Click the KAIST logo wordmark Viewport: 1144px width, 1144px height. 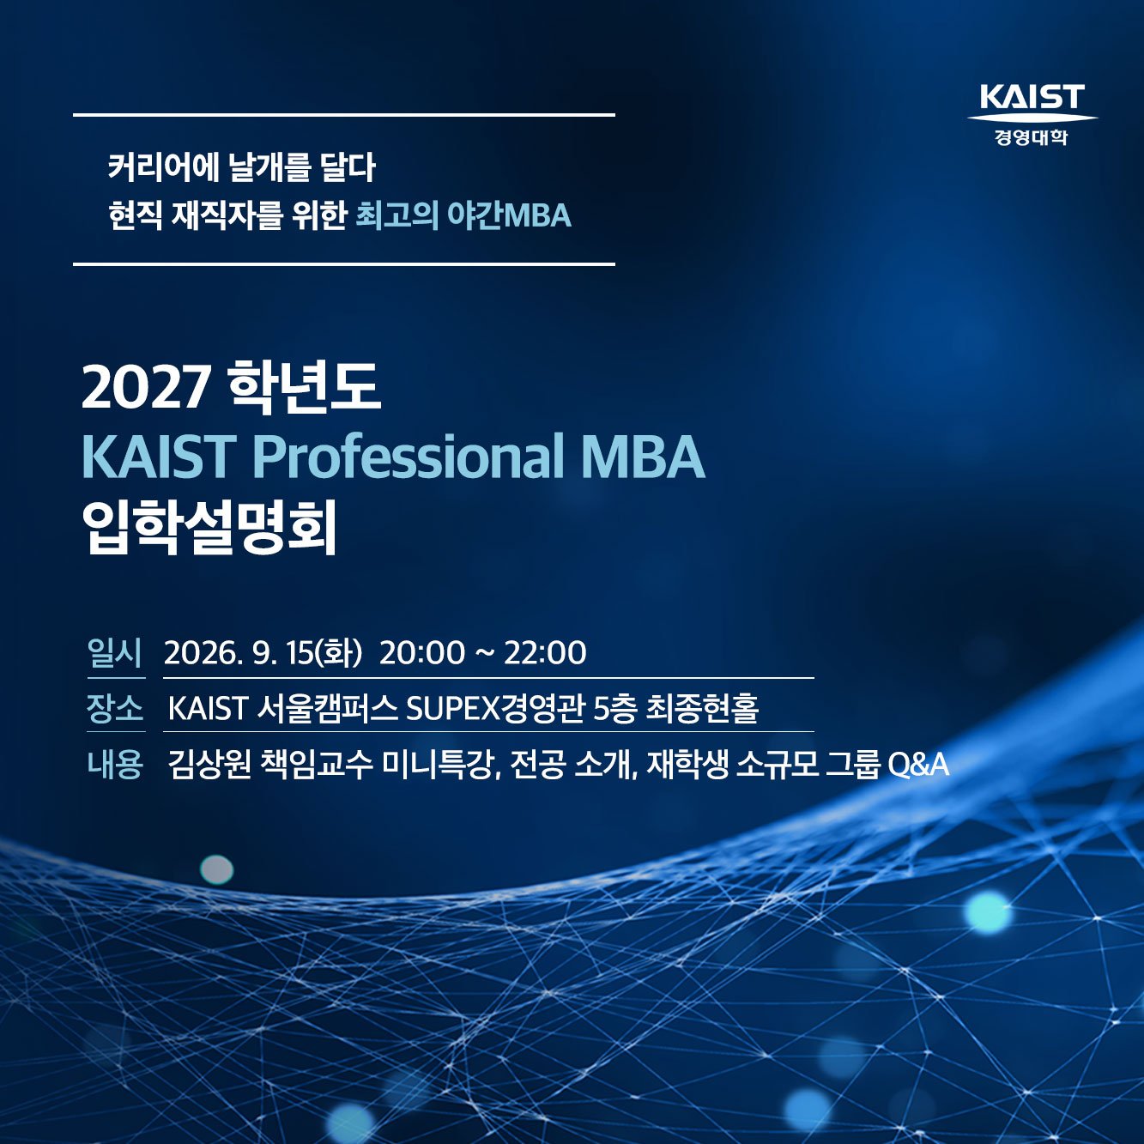[1032, 97]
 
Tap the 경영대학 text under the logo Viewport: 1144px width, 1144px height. [1032, 137]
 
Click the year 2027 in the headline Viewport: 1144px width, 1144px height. [146, 388]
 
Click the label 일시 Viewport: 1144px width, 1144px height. [115, 653]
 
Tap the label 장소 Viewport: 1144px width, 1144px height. [115, 708]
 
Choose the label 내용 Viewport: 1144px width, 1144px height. [115, 764]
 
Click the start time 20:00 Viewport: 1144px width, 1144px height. [422, 653]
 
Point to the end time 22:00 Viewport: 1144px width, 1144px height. [545, 653]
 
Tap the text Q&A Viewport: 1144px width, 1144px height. [917, 765]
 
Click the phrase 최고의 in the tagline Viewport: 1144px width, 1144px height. [397, 215]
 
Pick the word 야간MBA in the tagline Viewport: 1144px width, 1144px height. [510, 215]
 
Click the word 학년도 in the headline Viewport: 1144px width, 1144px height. [305, 388]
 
